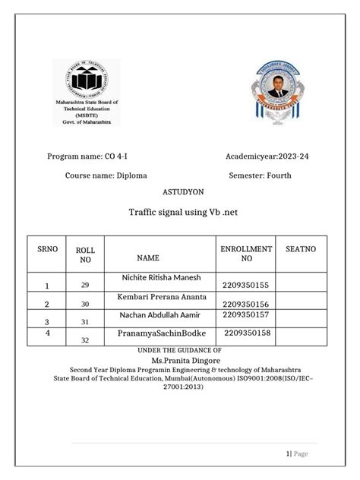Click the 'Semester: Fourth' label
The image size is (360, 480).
coord(260,175)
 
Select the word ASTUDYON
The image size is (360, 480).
coord(179,193)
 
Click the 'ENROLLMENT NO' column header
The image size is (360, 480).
coord(245,254)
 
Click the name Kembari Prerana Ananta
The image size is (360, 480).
coord(161,296)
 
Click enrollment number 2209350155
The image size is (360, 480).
coord(246,284)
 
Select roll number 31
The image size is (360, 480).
coord(85,321)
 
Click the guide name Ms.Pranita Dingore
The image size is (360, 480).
coord(179,359)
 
